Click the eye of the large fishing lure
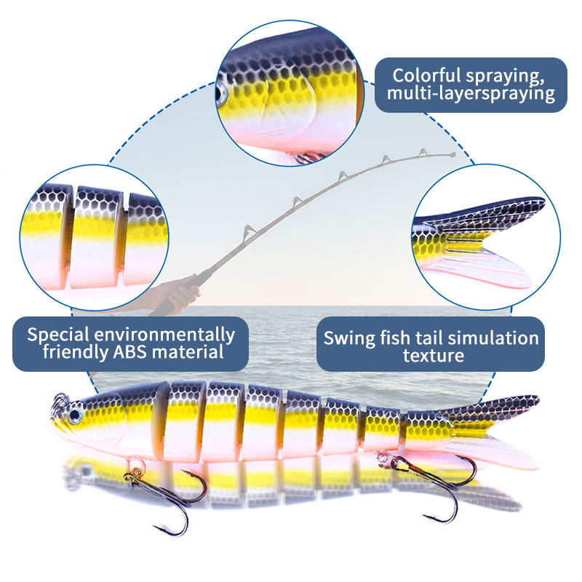[75, 415]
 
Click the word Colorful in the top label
[426, 75]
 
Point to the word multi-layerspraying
[471, 93]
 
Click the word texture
[433, 356]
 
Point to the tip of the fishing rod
[453, 154]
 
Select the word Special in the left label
[59, 335]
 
